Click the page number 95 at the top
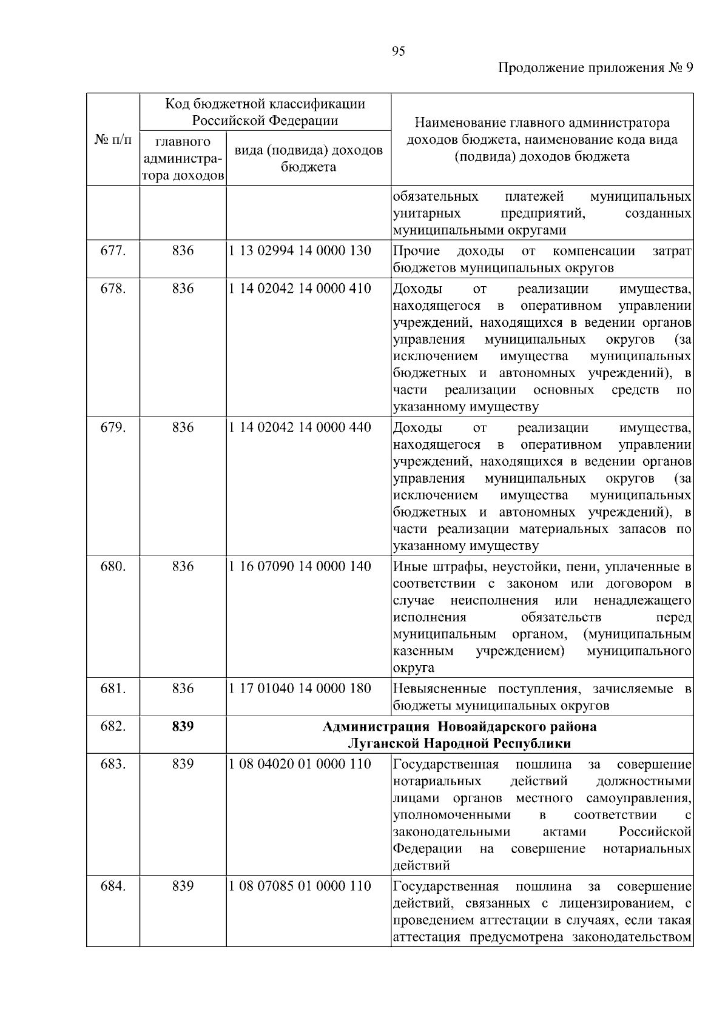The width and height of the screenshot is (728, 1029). [398, 52]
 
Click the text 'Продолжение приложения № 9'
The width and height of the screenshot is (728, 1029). [595, 68]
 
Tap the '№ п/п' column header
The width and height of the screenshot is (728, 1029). [113, 139]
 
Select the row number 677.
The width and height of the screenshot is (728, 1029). [113, 251]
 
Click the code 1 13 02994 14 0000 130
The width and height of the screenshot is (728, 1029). [300, 251]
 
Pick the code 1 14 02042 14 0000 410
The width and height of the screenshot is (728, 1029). [300, 289]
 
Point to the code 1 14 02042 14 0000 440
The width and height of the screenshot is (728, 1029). [300, 427]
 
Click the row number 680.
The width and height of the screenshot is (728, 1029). [113, 566]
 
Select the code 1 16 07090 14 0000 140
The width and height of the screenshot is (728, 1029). [300, 566]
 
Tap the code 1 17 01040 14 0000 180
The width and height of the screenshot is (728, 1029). [300, 689]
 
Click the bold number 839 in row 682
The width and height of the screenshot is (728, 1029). [183, 726]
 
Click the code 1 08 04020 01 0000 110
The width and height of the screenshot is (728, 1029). [300, 764]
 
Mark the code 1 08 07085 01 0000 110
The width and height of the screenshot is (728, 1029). [300, 887]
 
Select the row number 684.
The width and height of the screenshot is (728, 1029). [113, 887]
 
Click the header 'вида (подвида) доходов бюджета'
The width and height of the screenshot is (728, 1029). [308, 158]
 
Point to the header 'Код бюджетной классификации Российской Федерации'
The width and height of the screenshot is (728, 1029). [266, 112]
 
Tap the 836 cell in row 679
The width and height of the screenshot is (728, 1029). [183, 427]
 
